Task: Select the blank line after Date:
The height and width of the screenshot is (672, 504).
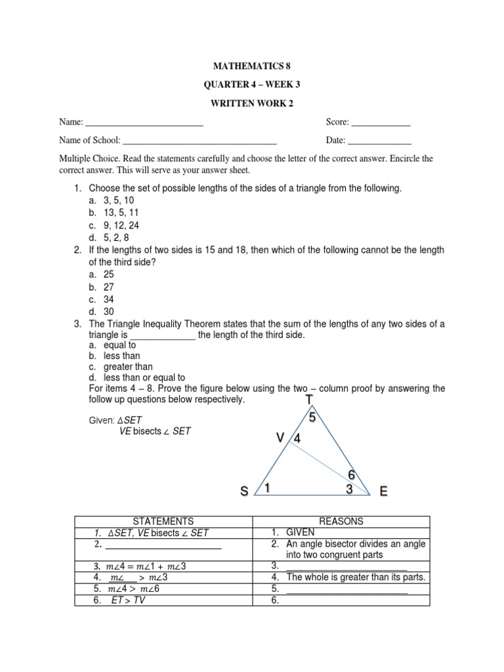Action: coord(379,141)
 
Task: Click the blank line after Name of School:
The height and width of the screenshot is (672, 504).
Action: coord(199,141)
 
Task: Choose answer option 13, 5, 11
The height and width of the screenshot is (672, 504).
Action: coord(121,213)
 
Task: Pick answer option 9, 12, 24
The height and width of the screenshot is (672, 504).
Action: coord(121,225)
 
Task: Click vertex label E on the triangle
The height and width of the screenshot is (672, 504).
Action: coord(382,492)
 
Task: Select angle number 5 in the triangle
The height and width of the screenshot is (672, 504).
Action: coord(312,417)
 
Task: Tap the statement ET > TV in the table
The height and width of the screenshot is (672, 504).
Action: coord(128,600)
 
